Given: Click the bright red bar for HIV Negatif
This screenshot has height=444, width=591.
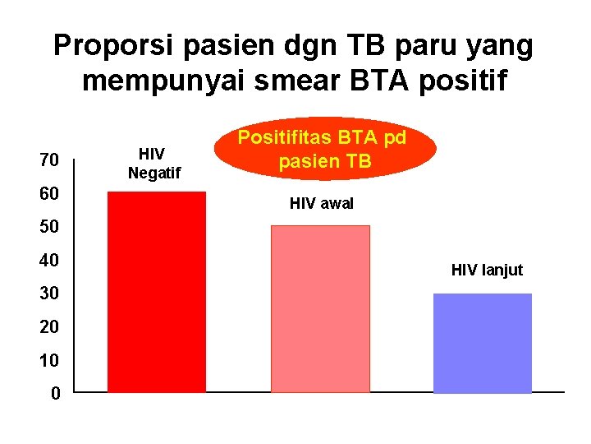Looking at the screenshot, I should point(157,292).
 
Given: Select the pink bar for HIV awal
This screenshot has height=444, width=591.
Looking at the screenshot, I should point(320,308).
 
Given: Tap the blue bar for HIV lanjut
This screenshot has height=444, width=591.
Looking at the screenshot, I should point(482,342).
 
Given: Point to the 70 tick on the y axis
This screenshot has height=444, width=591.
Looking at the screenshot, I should point(49,160).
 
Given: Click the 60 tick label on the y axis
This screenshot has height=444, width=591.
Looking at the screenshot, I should point(49,194).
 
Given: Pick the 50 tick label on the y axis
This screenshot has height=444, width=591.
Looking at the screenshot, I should point(49,227).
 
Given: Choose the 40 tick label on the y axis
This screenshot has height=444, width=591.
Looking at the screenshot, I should point(49,261).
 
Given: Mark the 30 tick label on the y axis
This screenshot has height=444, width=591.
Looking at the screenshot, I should point(49,294).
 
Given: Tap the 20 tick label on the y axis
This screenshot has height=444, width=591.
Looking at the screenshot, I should point(49,327).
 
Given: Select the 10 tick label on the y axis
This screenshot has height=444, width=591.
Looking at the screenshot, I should point(49,360).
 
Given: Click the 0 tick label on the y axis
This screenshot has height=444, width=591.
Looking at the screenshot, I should point(54,394).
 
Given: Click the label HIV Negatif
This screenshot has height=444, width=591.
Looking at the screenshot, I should point(153,163).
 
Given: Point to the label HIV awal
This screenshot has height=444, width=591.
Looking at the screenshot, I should point(322,203).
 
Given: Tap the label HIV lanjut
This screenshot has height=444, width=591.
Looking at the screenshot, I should point(487,270).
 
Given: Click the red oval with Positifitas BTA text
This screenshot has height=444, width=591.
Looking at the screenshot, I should point(326,149).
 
